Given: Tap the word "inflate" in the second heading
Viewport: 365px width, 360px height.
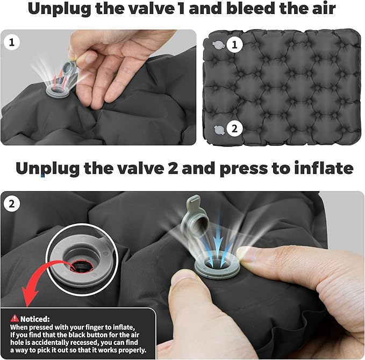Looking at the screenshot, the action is pyautogui.click(x=324, y=168).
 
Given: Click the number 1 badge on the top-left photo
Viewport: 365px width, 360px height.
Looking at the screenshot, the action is pyautogui.click(x=12, y=42).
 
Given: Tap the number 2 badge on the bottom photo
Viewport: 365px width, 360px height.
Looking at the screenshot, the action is pyautogui.click(x=12, y=204).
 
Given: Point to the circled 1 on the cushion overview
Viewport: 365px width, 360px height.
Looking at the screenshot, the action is pyautogui.click(x=234, y=45).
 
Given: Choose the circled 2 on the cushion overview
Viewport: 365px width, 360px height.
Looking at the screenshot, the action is pyautogui.click(x=234, y=129).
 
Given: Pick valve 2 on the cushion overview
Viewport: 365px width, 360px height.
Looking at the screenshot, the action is pyautogui.click(x=219, y=130).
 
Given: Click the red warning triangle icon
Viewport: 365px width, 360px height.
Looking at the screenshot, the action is pyautogui.click(x=15, y=318).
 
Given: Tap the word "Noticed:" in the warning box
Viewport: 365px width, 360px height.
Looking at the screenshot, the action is pyautogui.click(x=35, y=319).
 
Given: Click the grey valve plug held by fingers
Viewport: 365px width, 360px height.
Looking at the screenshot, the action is pyautogui.click(x=69, y=72).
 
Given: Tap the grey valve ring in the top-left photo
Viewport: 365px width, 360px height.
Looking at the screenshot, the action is pyautogui.click(x=56, y=91).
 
